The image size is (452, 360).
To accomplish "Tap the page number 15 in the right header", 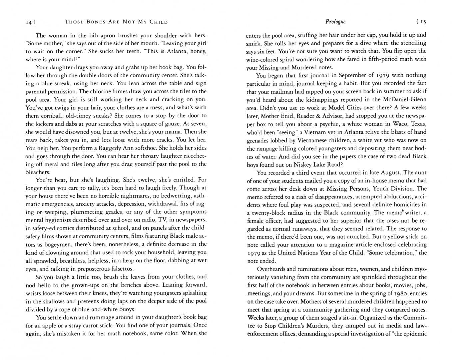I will tap(423, 22).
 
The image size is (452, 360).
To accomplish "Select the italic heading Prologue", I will tap(335, 22).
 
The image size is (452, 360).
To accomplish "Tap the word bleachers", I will tap(38, 172).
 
